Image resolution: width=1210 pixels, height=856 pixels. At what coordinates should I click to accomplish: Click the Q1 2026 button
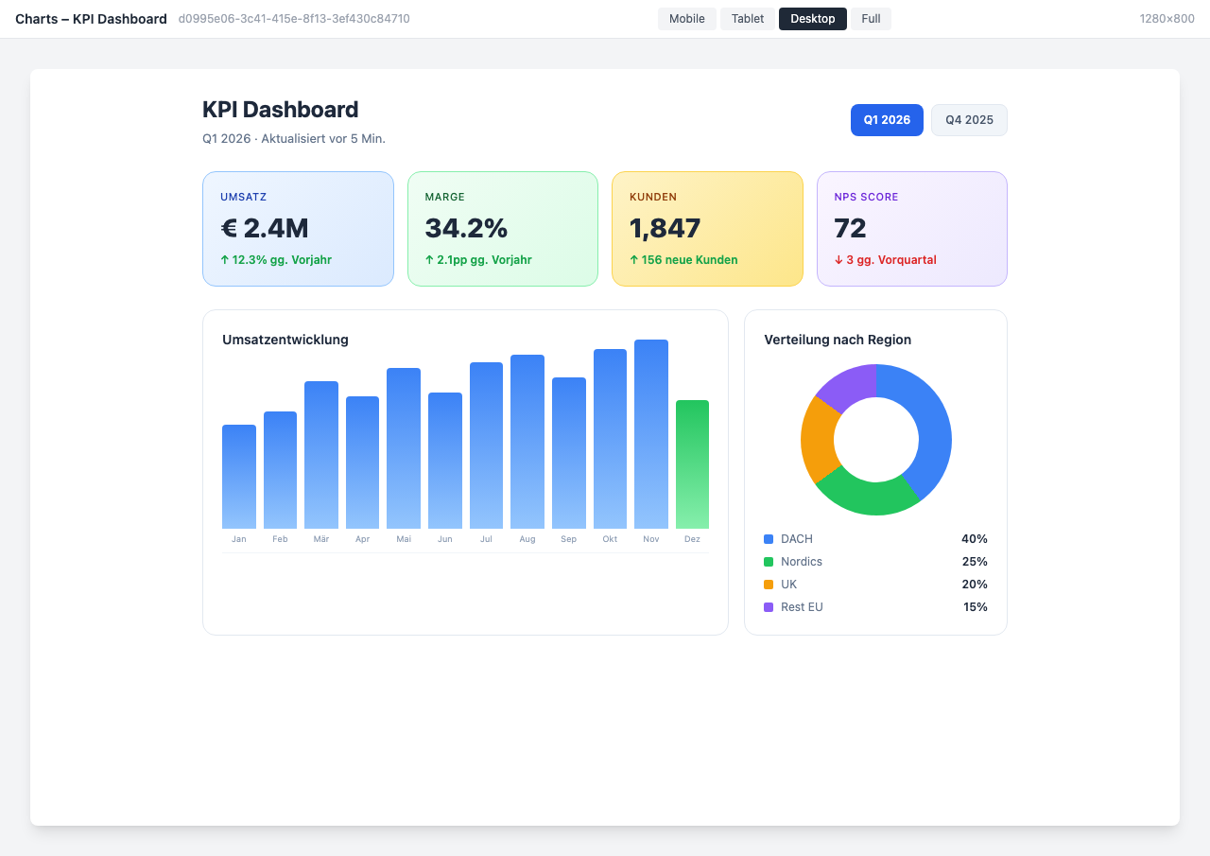(x=887, y=120)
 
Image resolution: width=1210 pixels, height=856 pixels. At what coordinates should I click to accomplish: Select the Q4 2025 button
(x=969, y=120)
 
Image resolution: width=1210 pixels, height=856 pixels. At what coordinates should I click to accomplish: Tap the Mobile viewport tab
(x=686, y=19)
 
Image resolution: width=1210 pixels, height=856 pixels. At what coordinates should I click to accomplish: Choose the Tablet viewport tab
(x=747, y=19)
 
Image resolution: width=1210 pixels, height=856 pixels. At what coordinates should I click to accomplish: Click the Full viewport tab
(x=871, y=19)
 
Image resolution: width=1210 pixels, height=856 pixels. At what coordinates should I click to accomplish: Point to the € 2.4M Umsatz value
(x=265, y=228)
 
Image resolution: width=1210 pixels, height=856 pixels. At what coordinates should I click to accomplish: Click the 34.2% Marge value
(x=466, y=228)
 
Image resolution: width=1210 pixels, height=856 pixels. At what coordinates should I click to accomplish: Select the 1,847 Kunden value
(x=665, y=228)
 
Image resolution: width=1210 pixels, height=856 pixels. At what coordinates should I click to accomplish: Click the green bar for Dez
(x=692, y=463)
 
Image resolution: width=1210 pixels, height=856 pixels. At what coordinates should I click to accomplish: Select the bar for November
(x=651, y=435)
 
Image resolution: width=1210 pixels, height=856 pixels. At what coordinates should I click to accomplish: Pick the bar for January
(x=239, y=477)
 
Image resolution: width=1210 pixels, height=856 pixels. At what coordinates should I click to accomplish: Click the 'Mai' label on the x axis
(x=404, y=539)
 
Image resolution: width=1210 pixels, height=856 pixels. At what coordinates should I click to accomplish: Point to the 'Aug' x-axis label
(x=527, y=539)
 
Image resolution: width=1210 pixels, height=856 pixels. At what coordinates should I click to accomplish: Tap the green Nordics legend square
(x=769, y=562)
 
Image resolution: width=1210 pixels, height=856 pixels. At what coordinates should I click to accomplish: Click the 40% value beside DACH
(x=974, y=539)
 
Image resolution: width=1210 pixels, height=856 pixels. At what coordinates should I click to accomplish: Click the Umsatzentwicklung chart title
(x=285, y=340)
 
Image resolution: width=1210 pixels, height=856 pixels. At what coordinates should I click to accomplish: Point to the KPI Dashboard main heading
(x=281, y=110)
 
